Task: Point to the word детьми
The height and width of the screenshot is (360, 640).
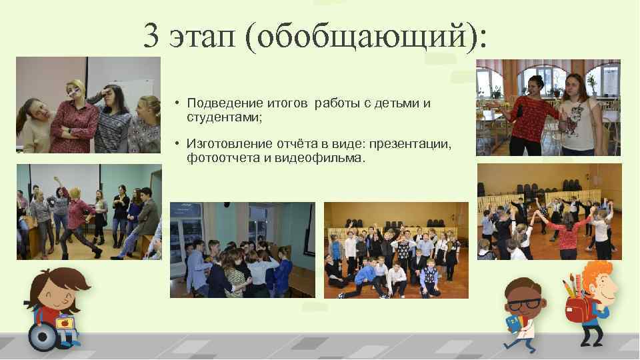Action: [x=400, y=103]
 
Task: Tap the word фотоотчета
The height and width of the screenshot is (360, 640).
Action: [x=219, y=157]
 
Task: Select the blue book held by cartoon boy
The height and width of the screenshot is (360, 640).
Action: [x=513, y=324]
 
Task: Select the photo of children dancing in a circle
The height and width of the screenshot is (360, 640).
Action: [x=549, y=211]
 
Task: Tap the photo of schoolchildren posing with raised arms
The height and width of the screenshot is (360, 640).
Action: [x=396, y=250]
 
